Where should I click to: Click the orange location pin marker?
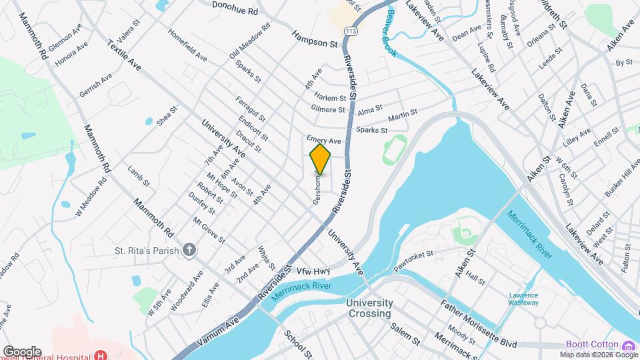pos(321,159)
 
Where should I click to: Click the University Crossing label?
pos(369,308)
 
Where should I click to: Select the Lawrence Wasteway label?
pos(523,299)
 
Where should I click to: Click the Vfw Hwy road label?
pos(314,271)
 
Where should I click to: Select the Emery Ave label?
pos(324,141)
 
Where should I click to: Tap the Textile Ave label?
pos(124,56)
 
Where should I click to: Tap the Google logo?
pos(22,351)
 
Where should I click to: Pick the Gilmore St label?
pos(328,109)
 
